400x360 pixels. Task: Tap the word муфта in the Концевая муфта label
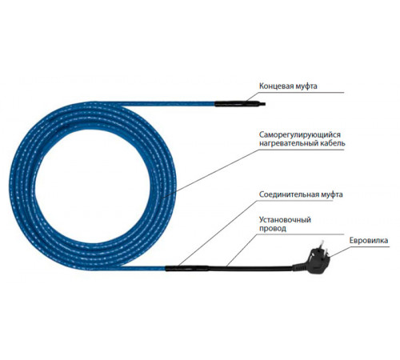[x=306, y=86]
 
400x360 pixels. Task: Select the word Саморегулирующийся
[x=300, y=134]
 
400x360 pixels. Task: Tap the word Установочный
[x=285, y=220]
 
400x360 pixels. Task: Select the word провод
[x=273, y=229]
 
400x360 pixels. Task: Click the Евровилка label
[x=369, y=241]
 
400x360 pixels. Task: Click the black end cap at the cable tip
[x=240, y=103]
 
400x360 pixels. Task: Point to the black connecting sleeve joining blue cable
[x=186, y=268]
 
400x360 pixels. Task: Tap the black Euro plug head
[x=315, y=259]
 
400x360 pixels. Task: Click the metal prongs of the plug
[x=325, y=247]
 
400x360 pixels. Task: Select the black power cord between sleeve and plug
[x=250, y=268]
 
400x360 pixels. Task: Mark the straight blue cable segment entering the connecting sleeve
[x=144, y=268]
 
